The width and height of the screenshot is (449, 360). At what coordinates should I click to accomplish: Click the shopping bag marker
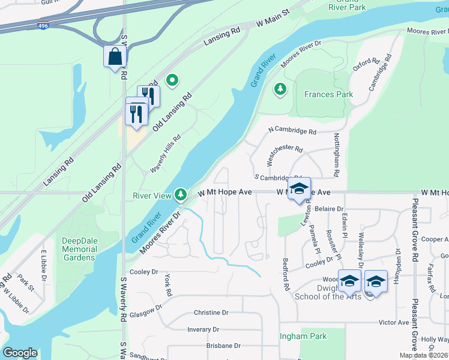point(114,57)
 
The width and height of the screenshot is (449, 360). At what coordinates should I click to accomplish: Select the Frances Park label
point(328,94)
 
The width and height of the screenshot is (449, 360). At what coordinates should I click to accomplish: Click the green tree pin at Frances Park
point(280,89)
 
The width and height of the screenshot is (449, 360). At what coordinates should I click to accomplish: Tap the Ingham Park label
point(303,336)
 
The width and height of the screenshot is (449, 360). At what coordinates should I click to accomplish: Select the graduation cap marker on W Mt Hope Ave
point(299,189)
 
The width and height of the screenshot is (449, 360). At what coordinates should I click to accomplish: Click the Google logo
point(20,353)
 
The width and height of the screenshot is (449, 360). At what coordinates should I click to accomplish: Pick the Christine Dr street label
point(211,313)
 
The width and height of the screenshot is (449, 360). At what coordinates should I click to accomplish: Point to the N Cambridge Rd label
point(292,131)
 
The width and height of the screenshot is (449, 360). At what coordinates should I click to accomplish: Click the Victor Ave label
point(394,323)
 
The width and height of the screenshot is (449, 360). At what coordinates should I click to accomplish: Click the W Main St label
point(273,20)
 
